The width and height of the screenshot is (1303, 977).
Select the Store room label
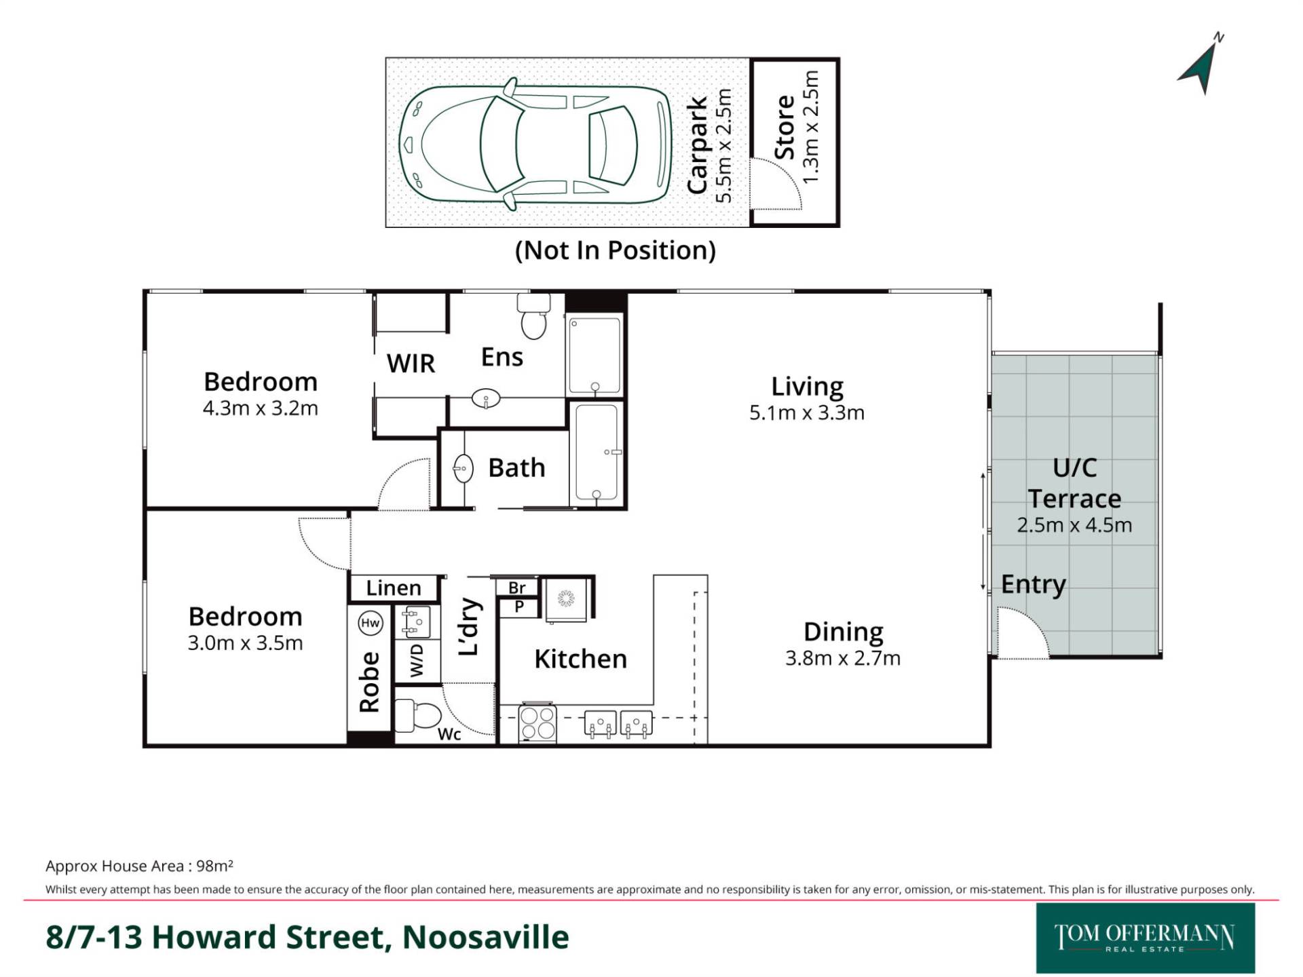pyautogui.click(x=785, y=127)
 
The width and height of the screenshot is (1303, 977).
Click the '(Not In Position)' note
pyautogui.click(x=615, y=250)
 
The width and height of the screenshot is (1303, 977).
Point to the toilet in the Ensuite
pyautogui.click(x=533, y=315)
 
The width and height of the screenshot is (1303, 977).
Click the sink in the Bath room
pyautogui.click(x=464, y=468)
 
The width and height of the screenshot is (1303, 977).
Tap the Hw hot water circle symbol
pyautogui.click(x=370, y=623)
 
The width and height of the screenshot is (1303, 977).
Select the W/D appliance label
pyautogui.click(x=417, y=660)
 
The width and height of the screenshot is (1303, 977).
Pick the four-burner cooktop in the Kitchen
pyautogui.click(x=537, y=723)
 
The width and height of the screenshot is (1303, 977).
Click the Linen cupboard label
pyautogui.click(x=394, y=588)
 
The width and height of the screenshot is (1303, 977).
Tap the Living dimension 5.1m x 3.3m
pyautogui.click(x=807, y=413)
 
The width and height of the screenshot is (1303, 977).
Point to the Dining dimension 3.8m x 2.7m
pyautogui.click(x=843, y=658)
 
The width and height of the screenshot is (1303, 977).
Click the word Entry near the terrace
pyautogui.click(x=1034, y=584)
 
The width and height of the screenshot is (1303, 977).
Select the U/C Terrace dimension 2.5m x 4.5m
pyautogui.click(x=1074, y=525)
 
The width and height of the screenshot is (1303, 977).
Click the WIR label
pyautogui.click(x=411, y=364)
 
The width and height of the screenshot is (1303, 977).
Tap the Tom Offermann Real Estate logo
pyautogui.click(x=1146, y=938)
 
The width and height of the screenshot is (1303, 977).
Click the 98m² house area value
pyautogui.click(x=214, y=866)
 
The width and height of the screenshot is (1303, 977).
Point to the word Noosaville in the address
pyautogui.click(x=486, y=937)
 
